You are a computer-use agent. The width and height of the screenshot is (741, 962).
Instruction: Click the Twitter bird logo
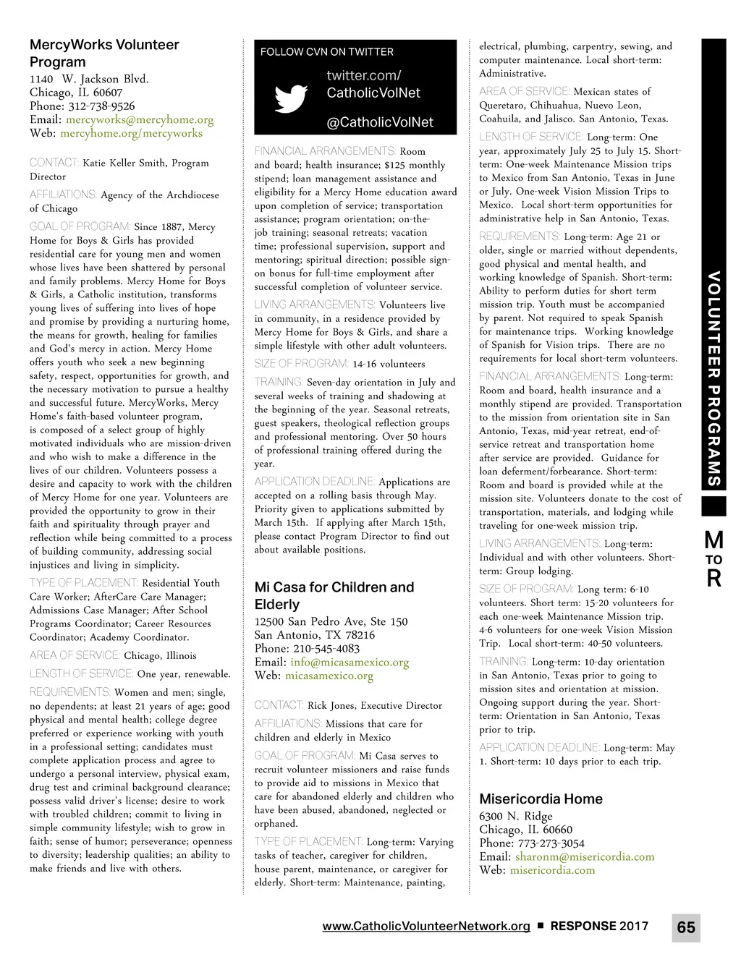pyautogui.click(x=291, y=99)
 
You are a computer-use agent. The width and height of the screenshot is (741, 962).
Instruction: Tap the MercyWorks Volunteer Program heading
pyautogui.click(x=104, y=53)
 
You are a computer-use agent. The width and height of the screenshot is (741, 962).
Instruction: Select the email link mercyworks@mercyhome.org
pyautogui.click(x=140, y=119)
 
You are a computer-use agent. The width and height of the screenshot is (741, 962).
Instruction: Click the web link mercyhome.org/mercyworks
pyautogui.click(x=131, y=133)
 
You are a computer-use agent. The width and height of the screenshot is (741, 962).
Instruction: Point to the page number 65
pyautogui.click(x=686, y=927)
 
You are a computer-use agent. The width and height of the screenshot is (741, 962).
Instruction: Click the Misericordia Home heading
pyautogui.click(x=541, y=799)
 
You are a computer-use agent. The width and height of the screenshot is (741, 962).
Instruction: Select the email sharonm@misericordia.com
pyautogui.click(x=585, y=856)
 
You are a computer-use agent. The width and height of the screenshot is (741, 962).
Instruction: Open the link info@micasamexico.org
pyautogui.click(x=350, y=662)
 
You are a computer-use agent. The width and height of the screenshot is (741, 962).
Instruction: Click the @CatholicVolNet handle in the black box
pyautogui.click(x=380, y=122)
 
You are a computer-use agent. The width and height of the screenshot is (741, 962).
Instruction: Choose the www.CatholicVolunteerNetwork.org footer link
pyautogui.click(x=426, y=926)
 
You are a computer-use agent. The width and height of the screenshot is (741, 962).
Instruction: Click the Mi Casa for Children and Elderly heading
pyautogui.click(x=334, y=595)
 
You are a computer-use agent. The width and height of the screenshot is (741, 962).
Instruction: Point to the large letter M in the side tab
pyautogui.click(x=714, y=540)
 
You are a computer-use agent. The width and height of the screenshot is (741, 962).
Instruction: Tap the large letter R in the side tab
pyautogui.click(x=714, y=578)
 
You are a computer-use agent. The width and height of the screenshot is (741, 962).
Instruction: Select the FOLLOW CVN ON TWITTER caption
pyautogui.click(x=327, y=52)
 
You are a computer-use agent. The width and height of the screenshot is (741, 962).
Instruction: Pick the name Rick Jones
pyautogui.click(x=331, y=705)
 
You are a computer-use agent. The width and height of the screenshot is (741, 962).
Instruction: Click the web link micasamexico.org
pyautogui.click(x=329, y=676)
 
